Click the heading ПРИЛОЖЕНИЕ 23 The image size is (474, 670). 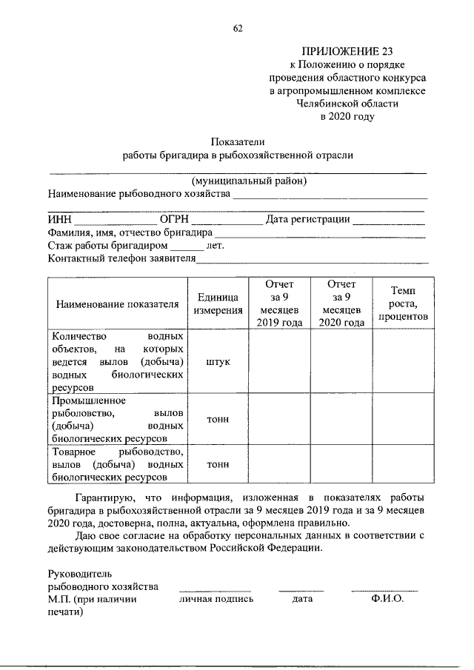[347, 51]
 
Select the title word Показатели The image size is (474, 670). [238, 141]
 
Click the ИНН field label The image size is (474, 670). [59, 219]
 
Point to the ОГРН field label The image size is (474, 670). [175, 219]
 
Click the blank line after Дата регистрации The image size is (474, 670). [390, 221]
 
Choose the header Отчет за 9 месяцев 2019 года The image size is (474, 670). [279, 304]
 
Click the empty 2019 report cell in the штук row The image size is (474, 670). [279, 362]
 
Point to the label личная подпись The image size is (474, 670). [216, 599]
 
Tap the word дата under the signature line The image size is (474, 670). [302, 599]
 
